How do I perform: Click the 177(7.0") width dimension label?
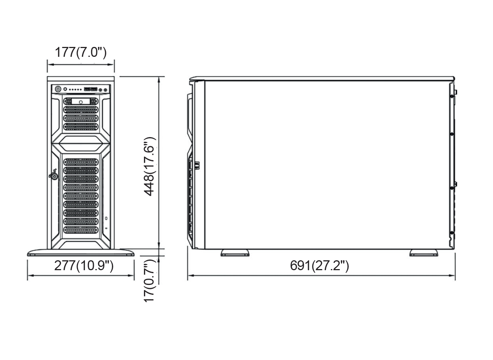tap(81, 52)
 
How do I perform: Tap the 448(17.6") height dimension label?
tap(149, 166)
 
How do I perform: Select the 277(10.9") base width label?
tap(84, 265)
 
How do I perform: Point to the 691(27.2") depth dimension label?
tap(319, 265)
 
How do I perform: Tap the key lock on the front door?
tap(54, 176)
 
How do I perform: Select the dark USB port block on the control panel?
tap(90, 89)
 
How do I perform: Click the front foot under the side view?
tap(235, 253)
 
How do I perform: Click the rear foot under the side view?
tap(424, 253)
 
